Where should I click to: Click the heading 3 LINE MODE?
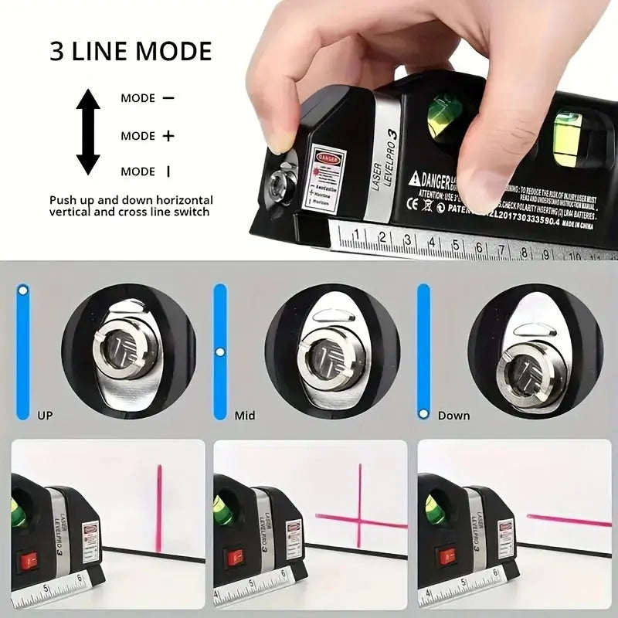tap(131, 51)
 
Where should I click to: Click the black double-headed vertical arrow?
tap(88, 131)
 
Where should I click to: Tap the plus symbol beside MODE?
tap(168, 136)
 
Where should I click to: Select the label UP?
tap(46, 416)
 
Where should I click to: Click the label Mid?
tap(245, 416)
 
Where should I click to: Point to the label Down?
tap(453, 416)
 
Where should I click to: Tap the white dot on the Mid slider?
tap(220, 352)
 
